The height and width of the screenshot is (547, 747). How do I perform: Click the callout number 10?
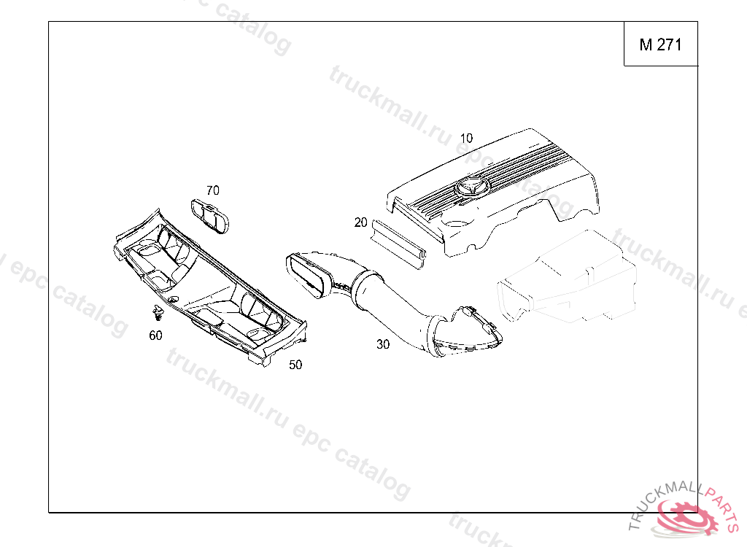click(x=466, y=138)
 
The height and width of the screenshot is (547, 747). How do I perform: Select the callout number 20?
click(x=360, y=222)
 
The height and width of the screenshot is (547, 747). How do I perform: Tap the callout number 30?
click(x=383, y=344)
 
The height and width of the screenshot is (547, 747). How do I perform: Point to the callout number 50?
click(x=295, y=365)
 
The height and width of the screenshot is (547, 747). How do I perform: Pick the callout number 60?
click(x=155, y=335)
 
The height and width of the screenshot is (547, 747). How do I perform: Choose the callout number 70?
click(x=212, y=191)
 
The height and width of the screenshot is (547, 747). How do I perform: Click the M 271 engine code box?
click(x=660, y=44)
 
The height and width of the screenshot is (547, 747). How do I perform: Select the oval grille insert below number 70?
click(x=211, y=216)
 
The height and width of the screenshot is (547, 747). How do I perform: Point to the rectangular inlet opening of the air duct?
click(x=307, y=276)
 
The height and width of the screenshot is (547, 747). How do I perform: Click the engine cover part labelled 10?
click(x=511, y=190)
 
